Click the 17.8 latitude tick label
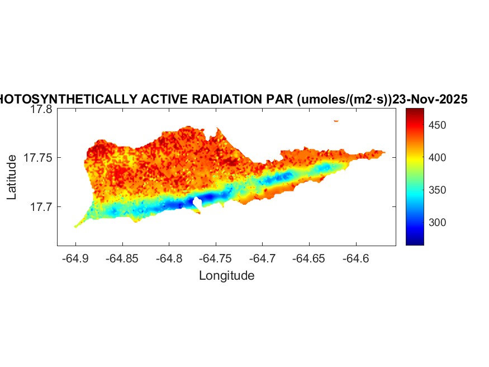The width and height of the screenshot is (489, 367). coord(41,110)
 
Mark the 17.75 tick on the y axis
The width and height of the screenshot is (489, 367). coord(38,158)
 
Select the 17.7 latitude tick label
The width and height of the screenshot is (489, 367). coord(41,207)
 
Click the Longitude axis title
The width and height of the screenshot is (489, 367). coord(226,275)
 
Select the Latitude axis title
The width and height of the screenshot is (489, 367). coord(12,178)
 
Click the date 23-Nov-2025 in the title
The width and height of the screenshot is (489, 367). coord(430,99)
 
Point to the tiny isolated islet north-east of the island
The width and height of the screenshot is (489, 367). coord(336,120)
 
